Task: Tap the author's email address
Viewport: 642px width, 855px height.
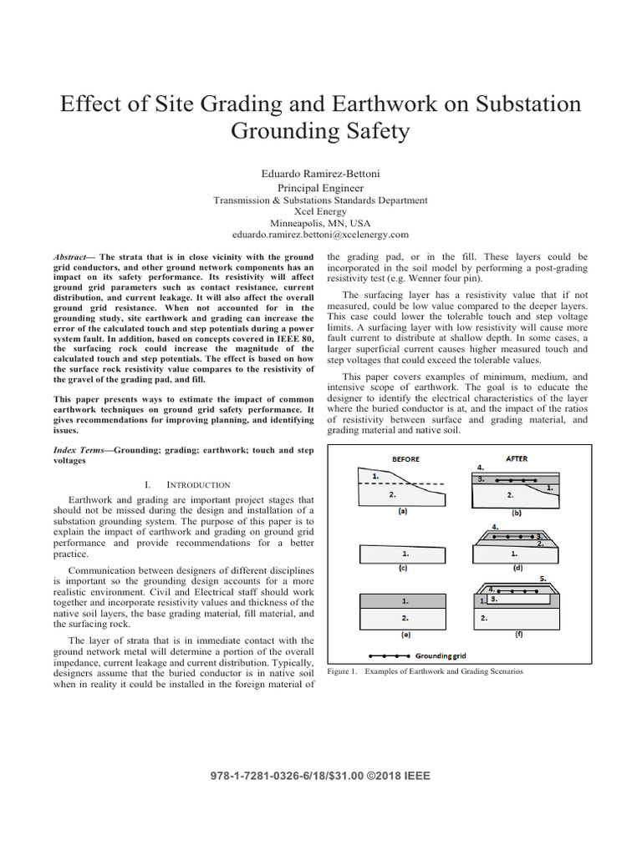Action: (x=320, y=235)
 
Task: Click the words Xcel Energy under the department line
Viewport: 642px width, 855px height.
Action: (x=320, y=212)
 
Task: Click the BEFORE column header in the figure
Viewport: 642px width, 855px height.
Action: (x=405, y=458)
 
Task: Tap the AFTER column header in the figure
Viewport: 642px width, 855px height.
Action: (x=517, y=458)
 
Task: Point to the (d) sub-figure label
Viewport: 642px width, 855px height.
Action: (x=517, y=567)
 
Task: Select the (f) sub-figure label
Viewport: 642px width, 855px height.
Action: (x=517, y=634)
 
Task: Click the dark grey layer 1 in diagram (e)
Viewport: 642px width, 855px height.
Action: (x=405, y=600)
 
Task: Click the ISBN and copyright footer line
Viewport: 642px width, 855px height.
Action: (x=320, y=776)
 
